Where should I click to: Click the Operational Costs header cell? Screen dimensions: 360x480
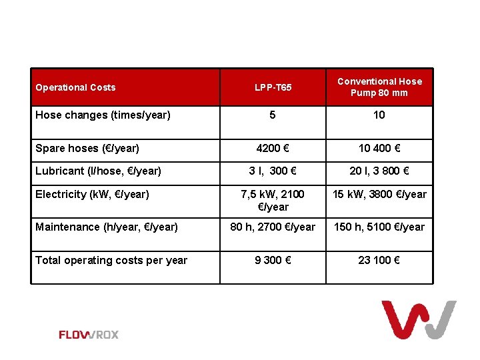coord(75,87)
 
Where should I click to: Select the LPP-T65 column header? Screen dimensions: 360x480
coord(273,87)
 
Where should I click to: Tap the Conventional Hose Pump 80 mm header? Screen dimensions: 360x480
coord(379,87)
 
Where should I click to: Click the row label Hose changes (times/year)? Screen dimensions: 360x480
coord(103,115)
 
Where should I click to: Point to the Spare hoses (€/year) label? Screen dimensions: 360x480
coord(87,148)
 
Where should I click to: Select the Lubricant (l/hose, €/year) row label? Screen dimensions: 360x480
coord(98,171)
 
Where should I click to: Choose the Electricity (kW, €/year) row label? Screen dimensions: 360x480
coord(92,194)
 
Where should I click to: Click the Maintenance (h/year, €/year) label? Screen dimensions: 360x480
coord(107,227)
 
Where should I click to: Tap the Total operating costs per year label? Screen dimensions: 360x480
coord(111,260)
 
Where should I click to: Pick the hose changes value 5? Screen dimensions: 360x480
coord(273,115)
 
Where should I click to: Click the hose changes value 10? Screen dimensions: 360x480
coord(379,115)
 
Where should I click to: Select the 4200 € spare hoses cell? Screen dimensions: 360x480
coord(273,148)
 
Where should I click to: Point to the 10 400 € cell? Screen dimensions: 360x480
coord(379,148)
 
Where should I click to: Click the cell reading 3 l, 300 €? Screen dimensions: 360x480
coord(273,171)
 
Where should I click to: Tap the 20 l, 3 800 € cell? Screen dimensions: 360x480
coord(379,171)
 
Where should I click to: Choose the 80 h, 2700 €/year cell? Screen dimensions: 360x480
coord(273,227)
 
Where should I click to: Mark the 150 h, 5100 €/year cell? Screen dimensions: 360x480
coord(379,227)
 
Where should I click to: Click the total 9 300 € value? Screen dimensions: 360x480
coord(273,260)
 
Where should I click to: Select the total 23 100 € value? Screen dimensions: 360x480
coord(379,260)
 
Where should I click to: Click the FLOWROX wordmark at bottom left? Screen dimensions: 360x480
coord(89,335)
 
